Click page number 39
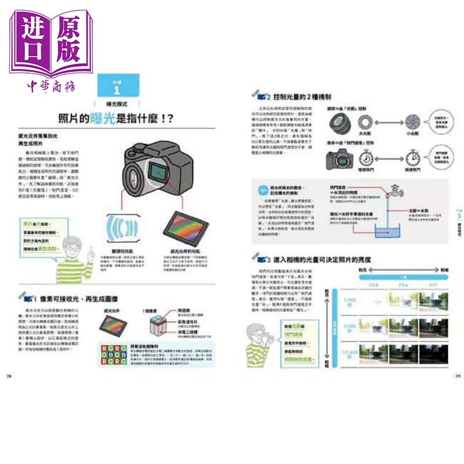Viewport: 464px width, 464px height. (457, 376)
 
